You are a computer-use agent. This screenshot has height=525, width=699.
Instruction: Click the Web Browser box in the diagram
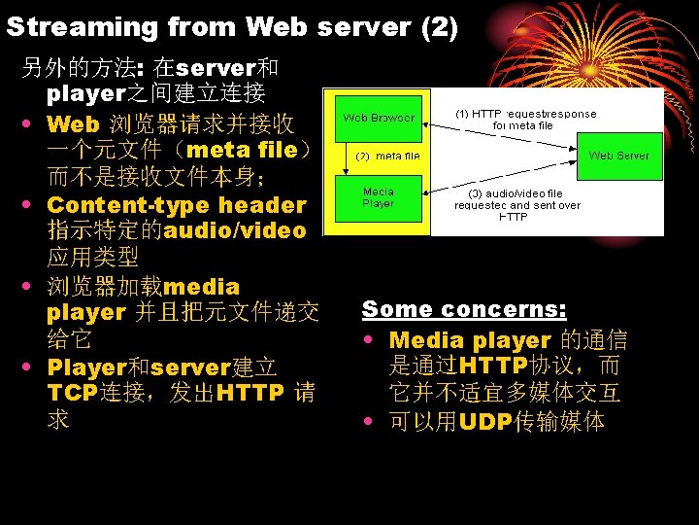379,119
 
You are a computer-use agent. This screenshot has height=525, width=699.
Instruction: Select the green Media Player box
379,198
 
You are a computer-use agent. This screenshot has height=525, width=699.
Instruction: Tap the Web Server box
618,156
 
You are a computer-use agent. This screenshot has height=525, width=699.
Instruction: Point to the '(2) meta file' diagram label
388,157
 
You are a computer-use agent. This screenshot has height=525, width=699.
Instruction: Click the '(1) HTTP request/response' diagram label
524,119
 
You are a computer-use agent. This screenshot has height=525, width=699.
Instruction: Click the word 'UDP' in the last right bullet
487,422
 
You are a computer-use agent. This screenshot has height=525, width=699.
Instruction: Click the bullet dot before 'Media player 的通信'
374,341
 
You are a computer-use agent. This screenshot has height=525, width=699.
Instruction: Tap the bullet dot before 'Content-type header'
32,205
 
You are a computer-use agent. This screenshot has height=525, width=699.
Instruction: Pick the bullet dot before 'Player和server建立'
32,368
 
